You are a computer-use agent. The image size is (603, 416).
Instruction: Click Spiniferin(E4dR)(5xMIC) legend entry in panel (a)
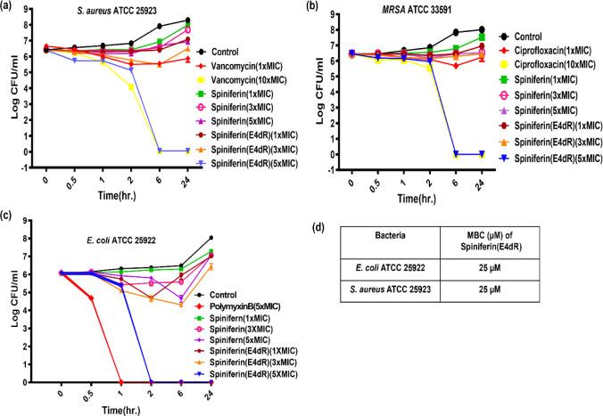point(273,163)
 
